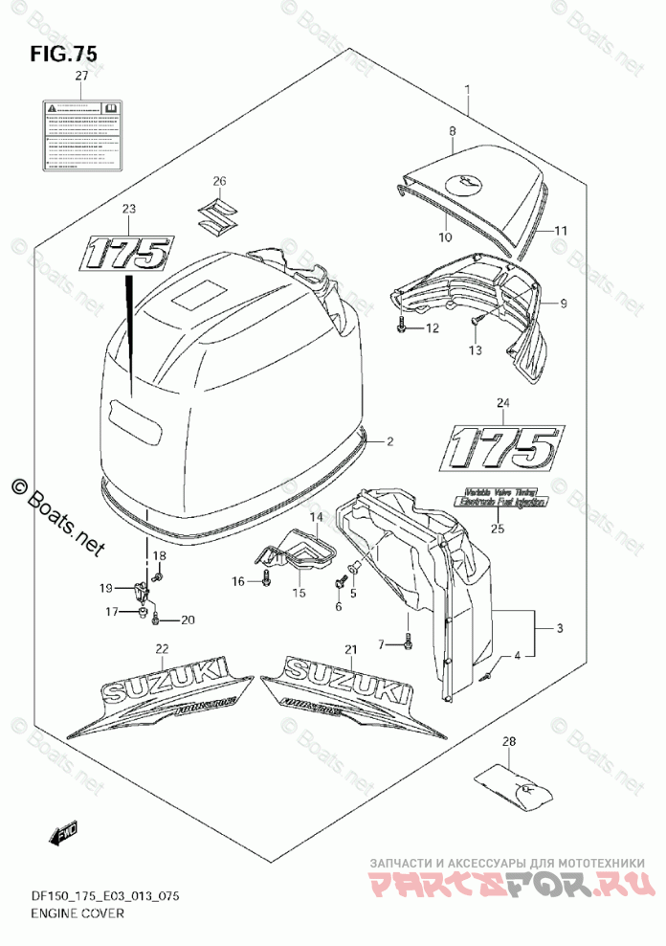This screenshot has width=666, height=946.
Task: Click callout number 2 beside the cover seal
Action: [x=389, y=441]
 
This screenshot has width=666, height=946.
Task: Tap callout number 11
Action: [x=560, y=232]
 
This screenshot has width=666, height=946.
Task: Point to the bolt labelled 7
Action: [x=409, y=642]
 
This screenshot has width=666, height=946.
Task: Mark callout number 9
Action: [x=564, y=304]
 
